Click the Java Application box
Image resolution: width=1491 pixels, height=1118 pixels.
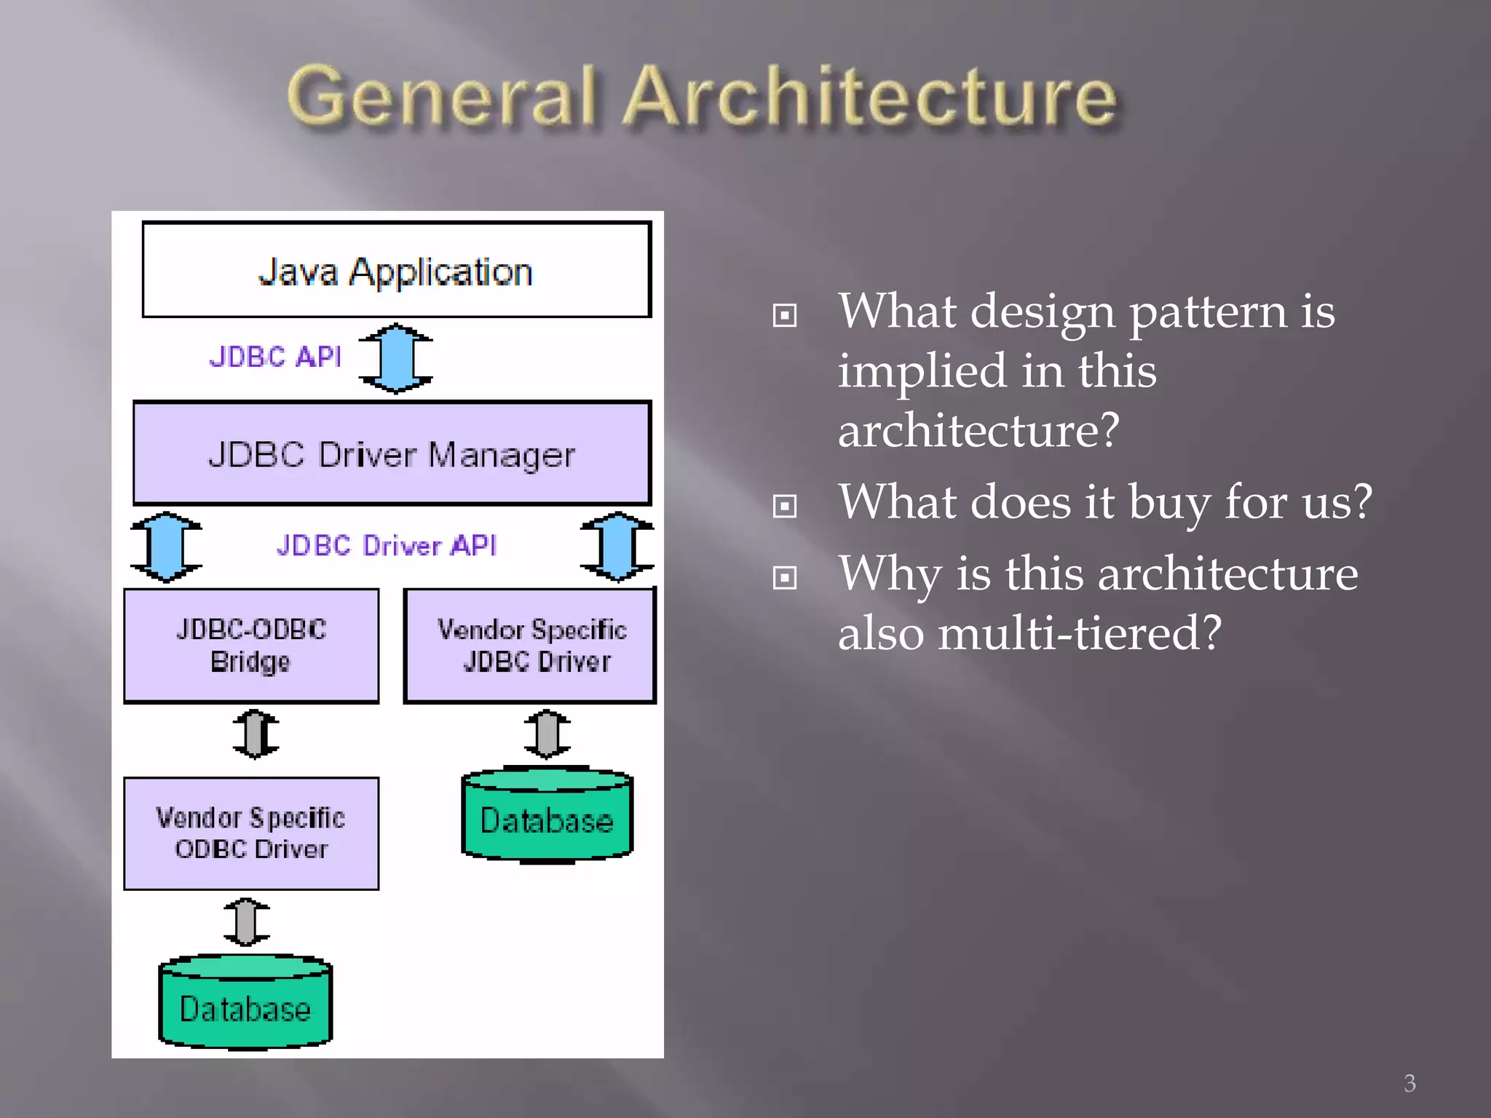[396, 271]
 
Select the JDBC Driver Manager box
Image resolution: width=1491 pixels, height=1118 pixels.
[392, 453]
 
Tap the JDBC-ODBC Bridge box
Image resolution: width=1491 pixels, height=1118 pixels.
[251, 646]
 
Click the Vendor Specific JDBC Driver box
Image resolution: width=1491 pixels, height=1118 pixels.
[531, 646]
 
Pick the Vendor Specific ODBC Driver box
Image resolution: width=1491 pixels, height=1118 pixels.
[251, 833]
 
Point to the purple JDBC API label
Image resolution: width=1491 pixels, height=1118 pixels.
[275, 357]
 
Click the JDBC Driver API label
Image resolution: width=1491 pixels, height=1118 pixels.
[386, 546]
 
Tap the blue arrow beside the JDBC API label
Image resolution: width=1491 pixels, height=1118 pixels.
[396, 358]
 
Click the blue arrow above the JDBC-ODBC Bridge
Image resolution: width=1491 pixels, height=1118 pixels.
[167, 547]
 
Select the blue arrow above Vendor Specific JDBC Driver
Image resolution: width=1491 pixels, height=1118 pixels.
[617, 547]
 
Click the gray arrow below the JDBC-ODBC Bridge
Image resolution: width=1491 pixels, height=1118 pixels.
[256, 734]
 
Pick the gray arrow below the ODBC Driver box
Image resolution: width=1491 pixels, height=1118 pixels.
[246, 921]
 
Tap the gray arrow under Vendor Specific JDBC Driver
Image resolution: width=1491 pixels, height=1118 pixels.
[547, 734]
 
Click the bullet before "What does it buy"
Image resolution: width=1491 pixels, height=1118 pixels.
[785, 505]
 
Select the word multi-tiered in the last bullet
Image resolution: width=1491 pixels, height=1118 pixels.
[1078, 633]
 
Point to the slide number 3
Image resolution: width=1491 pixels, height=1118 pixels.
[1409, 1083]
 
